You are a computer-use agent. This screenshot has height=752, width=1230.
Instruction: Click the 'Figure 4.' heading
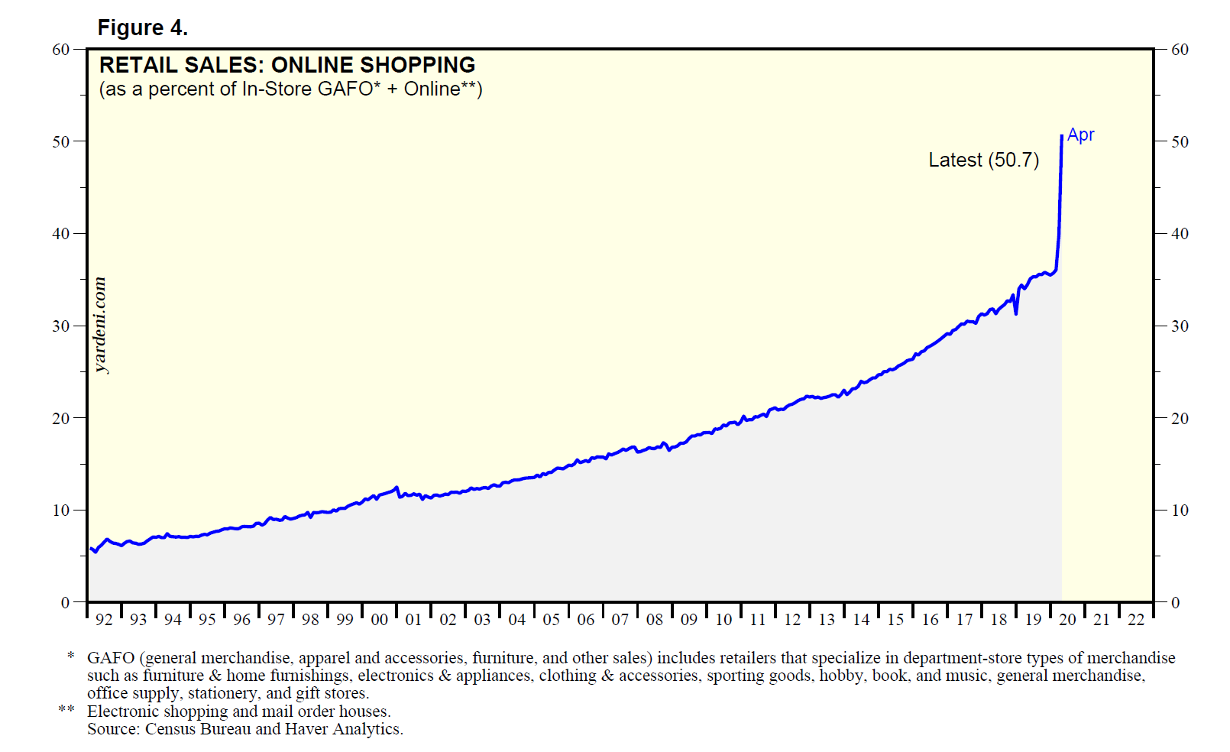(x=142, y=28)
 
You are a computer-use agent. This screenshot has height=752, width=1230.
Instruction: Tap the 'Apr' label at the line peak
(x=1080, y=135)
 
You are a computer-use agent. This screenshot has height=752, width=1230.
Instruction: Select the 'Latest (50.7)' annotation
(x=983, y=160)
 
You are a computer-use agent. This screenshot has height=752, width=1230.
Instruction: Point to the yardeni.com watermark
(x=100, y=325)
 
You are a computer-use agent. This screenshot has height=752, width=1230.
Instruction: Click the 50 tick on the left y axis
(x=60, y=141)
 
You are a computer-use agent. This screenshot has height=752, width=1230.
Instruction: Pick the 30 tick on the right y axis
(x=1180, y=326)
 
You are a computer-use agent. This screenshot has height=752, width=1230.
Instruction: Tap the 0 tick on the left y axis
(x=65, y=602)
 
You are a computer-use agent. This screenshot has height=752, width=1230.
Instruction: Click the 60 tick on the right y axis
(x=1180, y=50)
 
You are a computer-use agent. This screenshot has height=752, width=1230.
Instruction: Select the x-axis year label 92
(x=104, y=620)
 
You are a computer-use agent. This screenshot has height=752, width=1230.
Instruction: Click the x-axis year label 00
(x=379, y=620)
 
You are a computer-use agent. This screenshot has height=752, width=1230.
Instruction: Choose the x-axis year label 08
(x=655, y=620)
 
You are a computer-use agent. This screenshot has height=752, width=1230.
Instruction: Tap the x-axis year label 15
(x=895, y=620)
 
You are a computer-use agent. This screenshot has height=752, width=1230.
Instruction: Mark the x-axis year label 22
(x=1136, y=620)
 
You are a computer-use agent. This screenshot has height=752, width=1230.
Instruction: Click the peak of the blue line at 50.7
(x=1062, y=136)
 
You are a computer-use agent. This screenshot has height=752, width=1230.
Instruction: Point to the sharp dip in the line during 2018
(x=1016, y=313)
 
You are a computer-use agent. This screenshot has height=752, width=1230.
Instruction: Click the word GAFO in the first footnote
(x=110, y=658)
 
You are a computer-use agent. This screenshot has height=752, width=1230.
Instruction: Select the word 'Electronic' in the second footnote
(x=122, y=711)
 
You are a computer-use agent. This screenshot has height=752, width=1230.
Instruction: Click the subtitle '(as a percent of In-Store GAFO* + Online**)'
(x=290, y=89)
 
